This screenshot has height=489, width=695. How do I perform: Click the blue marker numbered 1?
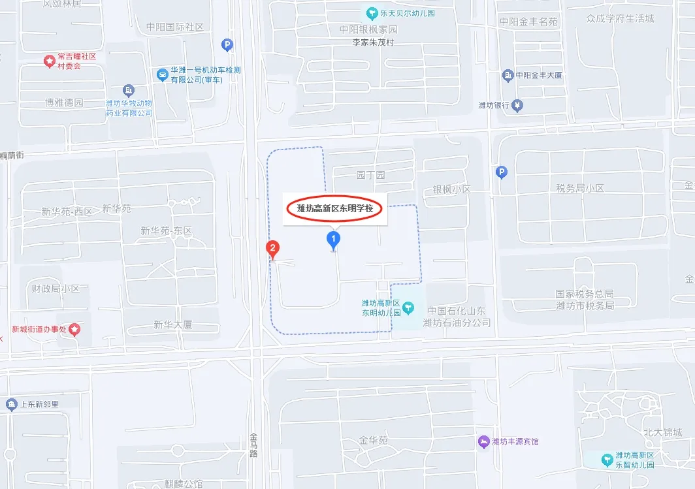pyautogui.click(x=334, y=240)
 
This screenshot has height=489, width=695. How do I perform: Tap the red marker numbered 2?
pyautogui.click(x=272, y=249)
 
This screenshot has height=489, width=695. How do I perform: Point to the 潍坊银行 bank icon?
pyautogui.click(x=517, y=105)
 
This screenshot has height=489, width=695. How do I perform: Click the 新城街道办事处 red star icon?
pyautogui.click(x=74, y=329)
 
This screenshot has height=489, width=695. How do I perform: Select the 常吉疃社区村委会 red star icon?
pyautogui.click(x=48, y=61)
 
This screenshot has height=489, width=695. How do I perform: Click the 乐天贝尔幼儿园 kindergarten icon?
pyautogui.click(x=372, y=12)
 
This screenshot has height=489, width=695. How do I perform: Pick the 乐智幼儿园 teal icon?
pyautogui.click(x=607, y=459)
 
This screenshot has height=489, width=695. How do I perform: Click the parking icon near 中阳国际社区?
pyautogui.click(x=227, y=45)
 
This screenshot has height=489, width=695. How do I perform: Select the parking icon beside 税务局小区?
pyautogui.click(x=501, y=172)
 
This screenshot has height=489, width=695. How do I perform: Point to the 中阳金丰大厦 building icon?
pyautogui.click(x=508, y=76)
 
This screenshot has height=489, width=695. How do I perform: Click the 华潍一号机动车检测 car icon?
pyautogui.click(x=161, y=74)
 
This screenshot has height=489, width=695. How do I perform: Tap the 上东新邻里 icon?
pyautogui.click(x=10, y=404)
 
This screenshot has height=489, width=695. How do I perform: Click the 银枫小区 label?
pyautogui.click(x=451, y=189)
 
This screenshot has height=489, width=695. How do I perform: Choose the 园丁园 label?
pyautogui.click(x=370, y=175)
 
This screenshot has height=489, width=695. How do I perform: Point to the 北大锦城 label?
pyautogui.click(x=662, y=432)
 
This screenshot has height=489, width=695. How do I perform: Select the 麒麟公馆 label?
pyautogui.click(x=184, y=484)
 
